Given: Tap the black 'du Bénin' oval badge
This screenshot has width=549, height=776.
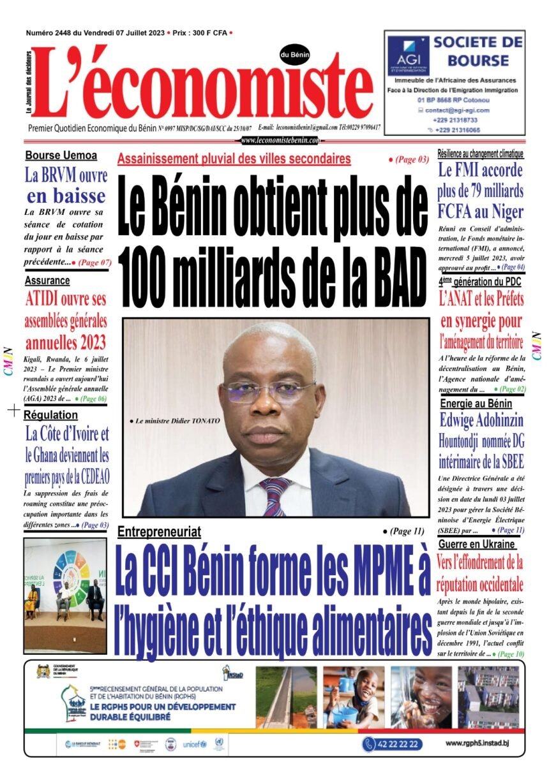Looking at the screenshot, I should [x=294, y=55].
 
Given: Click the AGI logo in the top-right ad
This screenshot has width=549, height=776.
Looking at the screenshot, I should [x=407, y=54].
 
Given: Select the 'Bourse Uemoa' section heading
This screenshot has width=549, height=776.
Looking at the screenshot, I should [x=61, y=156].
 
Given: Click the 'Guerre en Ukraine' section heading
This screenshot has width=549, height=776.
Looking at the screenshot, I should [x=477, y=544].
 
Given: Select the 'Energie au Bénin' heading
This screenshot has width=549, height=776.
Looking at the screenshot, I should [x=476, y=403].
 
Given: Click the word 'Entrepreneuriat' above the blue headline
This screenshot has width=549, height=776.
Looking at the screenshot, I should [x=159, y=531].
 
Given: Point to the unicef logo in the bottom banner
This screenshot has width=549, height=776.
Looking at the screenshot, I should [x=194, y=744].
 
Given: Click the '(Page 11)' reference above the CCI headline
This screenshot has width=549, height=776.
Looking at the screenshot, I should [x=405, y=531].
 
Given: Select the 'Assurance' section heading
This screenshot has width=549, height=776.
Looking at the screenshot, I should [x=48, y=281].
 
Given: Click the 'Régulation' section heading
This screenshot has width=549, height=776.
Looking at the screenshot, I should [x=51, y=415].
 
